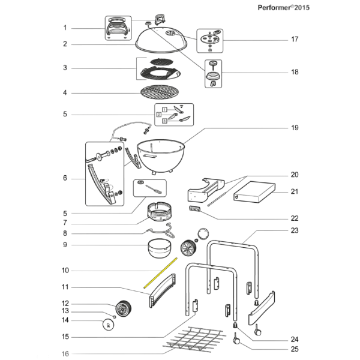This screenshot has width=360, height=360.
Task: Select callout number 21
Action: [x=294, y=192]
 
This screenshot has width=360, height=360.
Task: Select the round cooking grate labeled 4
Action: [x=160, y=92]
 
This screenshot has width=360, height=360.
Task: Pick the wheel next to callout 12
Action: [x=123, y=309]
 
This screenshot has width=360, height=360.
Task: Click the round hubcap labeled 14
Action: [x=108, y=324]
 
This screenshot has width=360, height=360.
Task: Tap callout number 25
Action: [x=294, y=349]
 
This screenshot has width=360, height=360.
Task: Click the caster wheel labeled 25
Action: [x=236, y=340]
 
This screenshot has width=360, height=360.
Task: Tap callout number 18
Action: [x=294, y=72]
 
